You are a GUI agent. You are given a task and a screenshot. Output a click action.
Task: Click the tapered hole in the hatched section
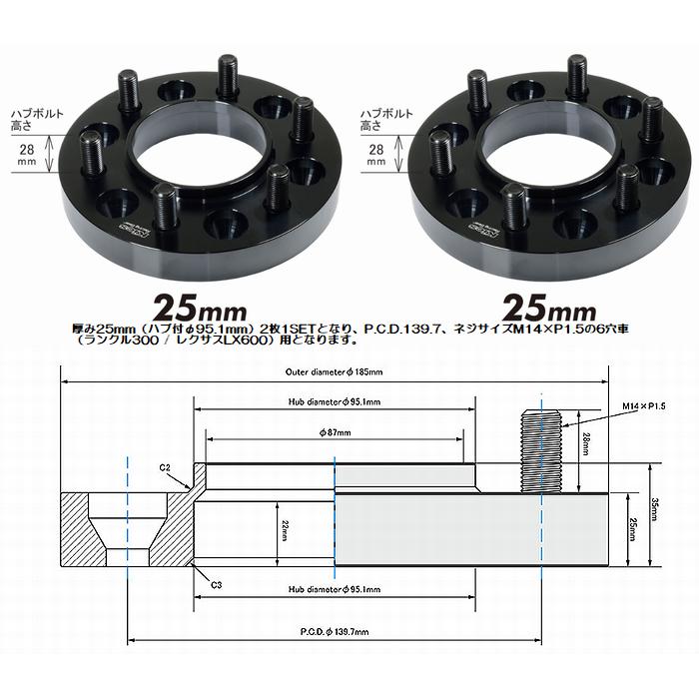tap(129, 529)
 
